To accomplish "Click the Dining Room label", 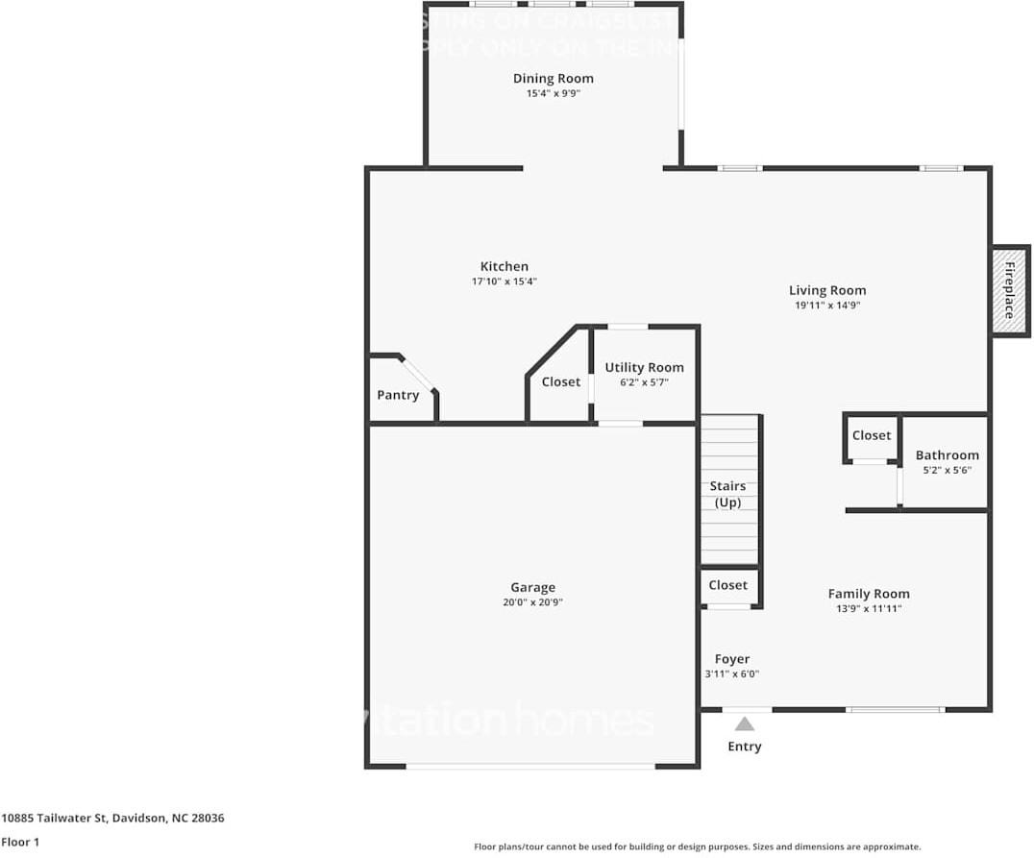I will click(553, 79).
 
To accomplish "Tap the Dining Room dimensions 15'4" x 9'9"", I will click(553, 94).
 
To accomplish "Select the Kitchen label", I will click(505, 267).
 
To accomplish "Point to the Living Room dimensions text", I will click(827, 306).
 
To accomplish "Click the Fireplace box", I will click(1009, 290).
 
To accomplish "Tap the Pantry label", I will click(398, 395).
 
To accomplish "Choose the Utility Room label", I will click(644, 367).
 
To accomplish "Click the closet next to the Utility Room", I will click(560, 382).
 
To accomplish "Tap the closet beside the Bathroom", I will click(872, 436).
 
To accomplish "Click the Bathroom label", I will click(947, 455).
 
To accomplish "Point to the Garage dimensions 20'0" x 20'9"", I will click(532, 602).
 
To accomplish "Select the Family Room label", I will click(869, 594).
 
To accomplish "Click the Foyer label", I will click(731, 659).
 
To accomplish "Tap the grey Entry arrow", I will click(745, 724).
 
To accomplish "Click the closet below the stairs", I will click(728, 586).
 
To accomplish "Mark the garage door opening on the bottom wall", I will click(530, 766).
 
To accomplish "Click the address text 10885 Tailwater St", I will click(112, 819).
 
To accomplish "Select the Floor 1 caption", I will click(20, 842).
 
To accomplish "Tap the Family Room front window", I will click(895, 710).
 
